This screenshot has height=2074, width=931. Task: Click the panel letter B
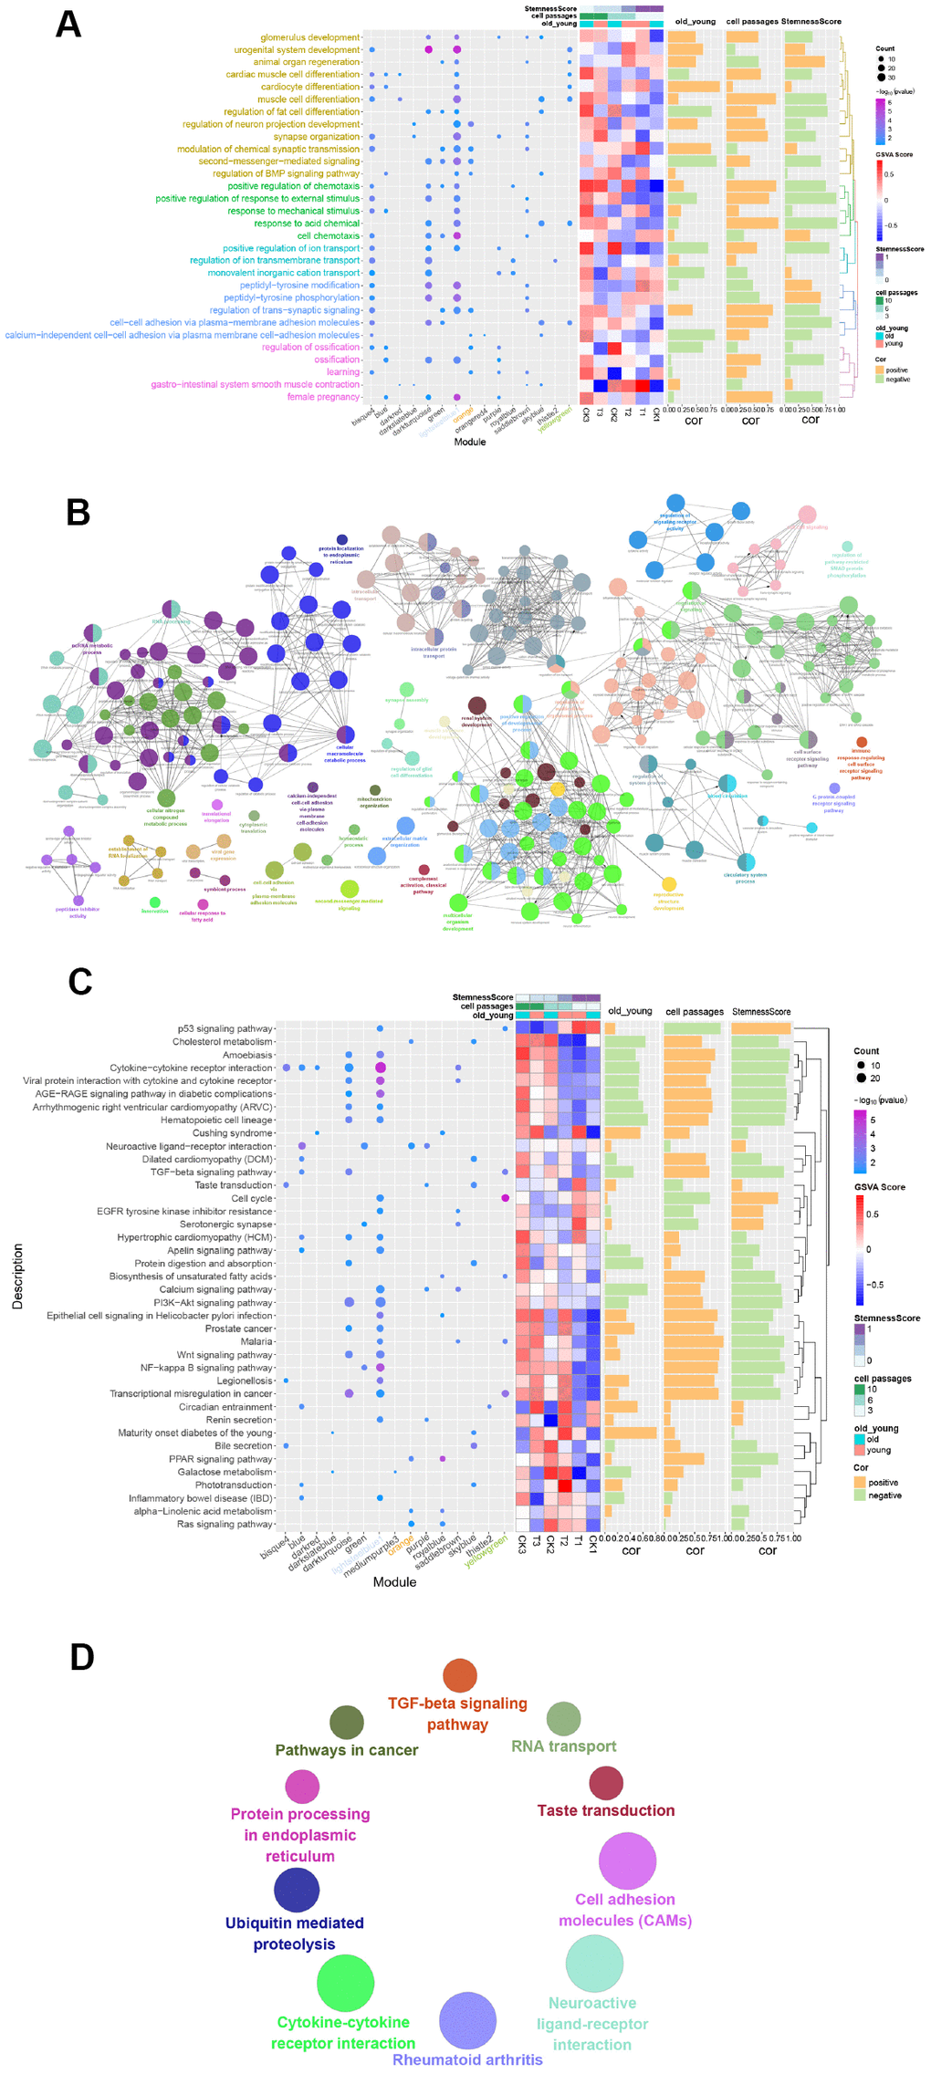click(x=78, y=513)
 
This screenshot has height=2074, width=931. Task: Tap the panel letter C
click(x=80, y=982)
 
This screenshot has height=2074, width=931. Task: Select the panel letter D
click(x=82, y=1657)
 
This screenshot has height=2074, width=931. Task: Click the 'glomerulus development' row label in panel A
click(x=310, y=37)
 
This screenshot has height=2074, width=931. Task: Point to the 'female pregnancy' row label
click(x=323, y=397)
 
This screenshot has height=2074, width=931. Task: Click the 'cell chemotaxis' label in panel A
click(x=329, y=235)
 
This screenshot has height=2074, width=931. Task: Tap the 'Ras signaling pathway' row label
click(x=225, y=1524)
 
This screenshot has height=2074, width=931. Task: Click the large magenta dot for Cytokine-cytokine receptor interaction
click(x=380, y=1068)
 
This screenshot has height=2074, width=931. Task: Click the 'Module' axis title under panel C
click(x=394, y=1581)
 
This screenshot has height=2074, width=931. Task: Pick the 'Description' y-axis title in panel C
click(x=17, y=1277)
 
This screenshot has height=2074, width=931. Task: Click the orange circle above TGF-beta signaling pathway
click(x=460, y=1674)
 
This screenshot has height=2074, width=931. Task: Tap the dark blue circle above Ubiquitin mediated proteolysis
click(x=297, y=1890)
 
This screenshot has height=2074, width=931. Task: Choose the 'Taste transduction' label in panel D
click(x=606, y=1810)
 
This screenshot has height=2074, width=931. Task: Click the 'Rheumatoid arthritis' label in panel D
click(x=467, y=2059)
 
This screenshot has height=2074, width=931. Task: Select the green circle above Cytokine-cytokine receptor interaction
click(x=345, y=1982)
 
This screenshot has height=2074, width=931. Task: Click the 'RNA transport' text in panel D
click(x=563, y=1746)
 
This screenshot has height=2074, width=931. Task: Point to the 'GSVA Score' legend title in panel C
click(x=880, y=1187)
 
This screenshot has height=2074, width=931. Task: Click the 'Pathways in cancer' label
click(x=347, y=1749)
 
